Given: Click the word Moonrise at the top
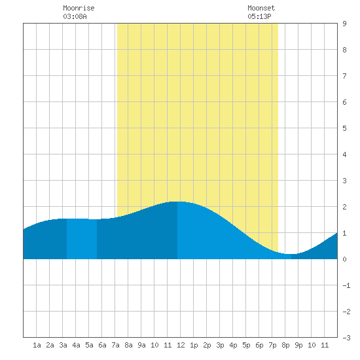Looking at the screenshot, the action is tap(79, 8).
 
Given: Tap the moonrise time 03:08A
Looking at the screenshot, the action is tap(75, 16).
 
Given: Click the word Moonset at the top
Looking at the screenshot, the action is tap(261, 8).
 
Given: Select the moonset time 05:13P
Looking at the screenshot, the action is tap(259, 16).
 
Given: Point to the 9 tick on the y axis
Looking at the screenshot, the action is tap(344, 24).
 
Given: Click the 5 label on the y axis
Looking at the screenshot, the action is tap(344, 128).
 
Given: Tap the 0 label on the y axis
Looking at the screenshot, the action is tap(344, 259).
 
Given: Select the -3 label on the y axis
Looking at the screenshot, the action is tap(346, 338).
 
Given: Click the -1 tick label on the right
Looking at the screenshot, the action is tap(346, 285).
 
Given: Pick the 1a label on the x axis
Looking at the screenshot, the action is tap(37, 345).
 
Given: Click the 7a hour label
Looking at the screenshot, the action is tap(115, 345).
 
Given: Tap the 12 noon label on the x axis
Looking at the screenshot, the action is tap(181, 345).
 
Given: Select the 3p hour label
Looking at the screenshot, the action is tap(220, 345).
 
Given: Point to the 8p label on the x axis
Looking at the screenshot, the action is tap(285, 345).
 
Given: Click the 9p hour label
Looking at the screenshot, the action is tap(298, 345).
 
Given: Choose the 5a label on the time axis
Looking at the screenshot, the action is tap(89, 345).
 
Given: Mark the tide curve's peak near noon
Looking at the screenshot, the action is tap(177, 202).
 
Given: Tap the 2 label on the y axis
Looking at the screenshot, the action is tap(344, 207).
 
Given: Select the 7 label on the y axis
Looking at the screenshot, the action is tap(344, 76).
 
